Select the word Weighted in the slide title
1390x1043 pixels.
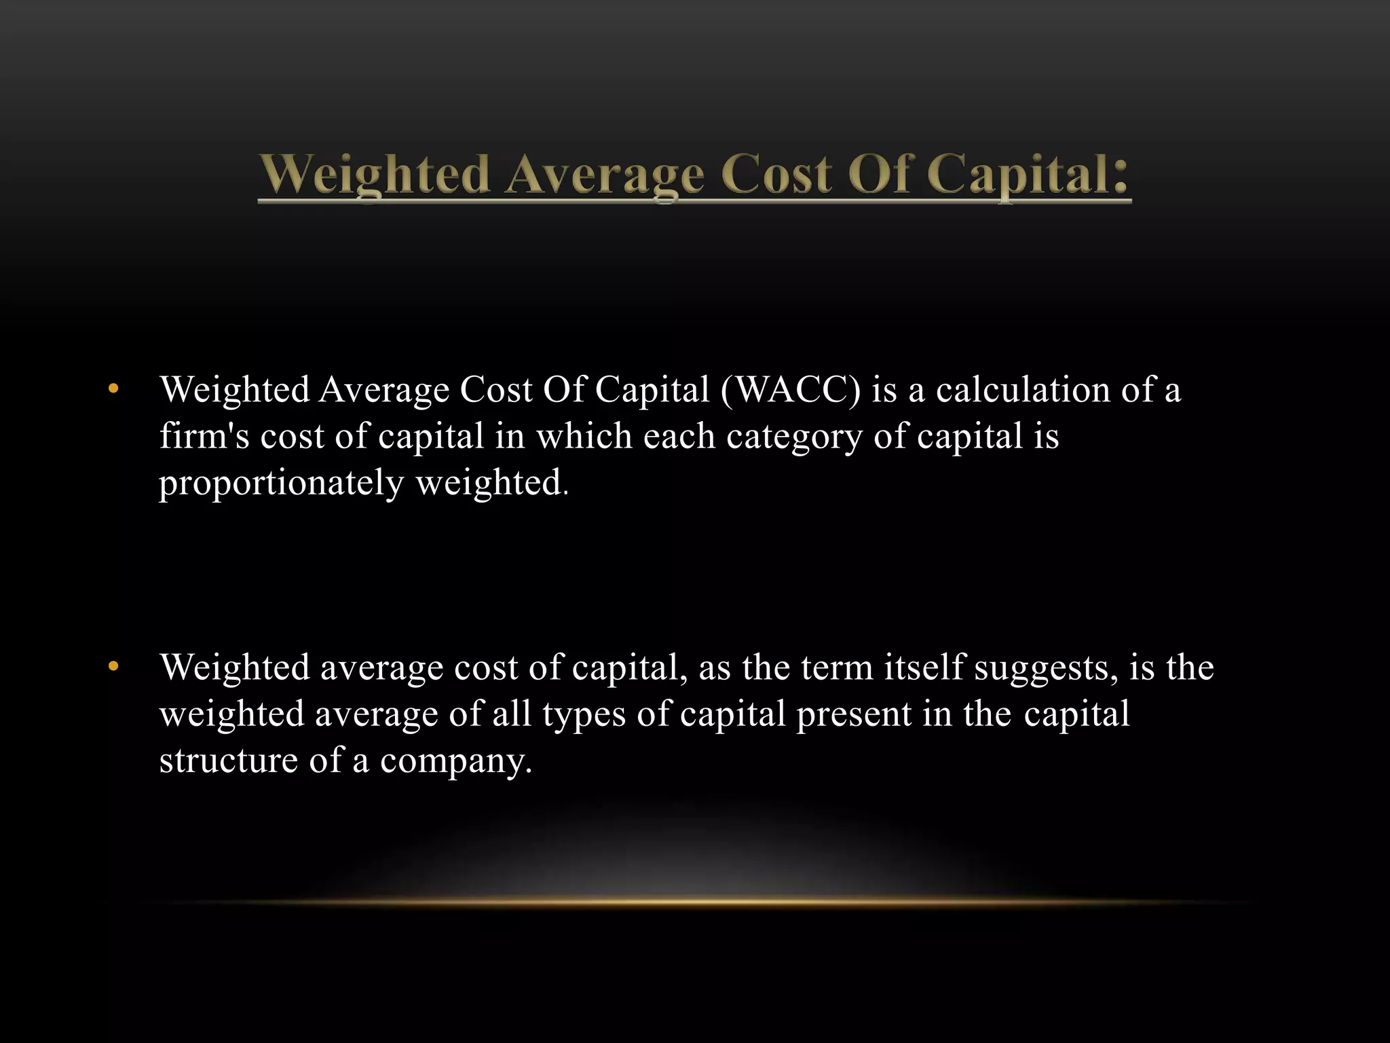point(374,175)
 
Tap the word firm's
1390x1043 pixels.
point(204,436)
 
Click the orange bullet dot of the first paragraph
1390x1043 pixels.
point(113,390)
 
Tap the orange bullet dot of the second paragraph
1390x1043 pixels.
point(113,667)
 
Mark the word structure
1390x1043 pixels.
point(229,761)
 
